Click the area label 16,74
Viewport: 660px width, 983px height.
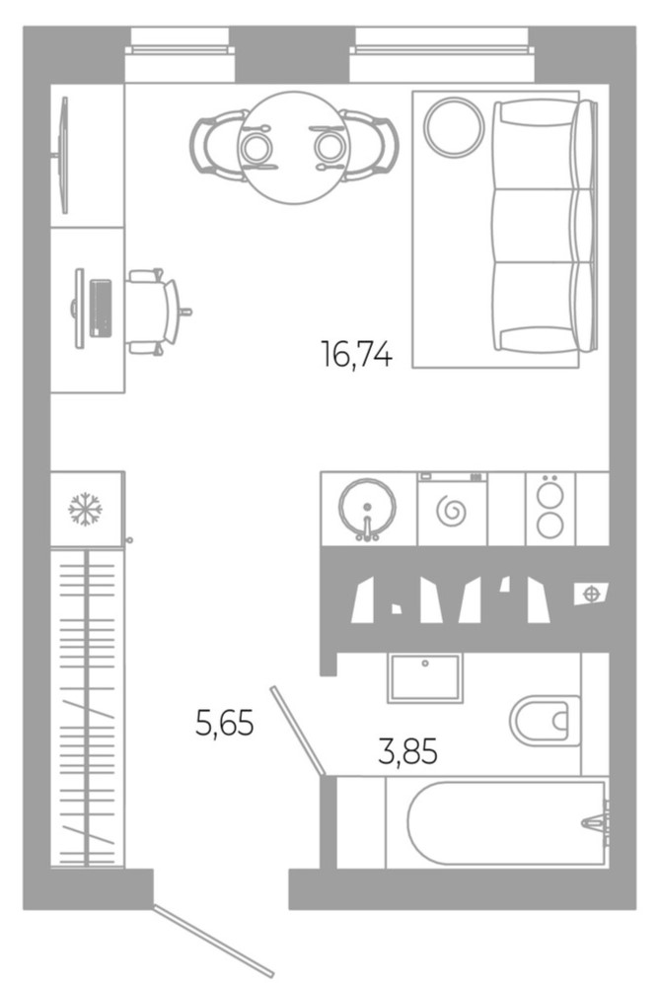pos(356,353)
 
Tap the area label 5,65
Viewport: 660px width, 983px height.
pos(225,725)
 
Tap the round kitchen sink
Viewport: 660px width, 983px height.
pos(367,509)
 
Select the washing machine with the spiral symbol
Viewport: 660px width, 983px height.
pos(454,511)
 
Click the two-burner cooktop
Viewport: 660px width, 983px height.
pos(550,508)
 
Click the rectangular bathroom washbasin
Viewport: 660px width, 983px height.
pos(425,677)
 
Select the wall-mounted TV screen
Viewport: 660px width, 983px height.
pos(64,155)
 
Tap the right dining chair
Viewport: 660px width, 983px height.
pos(370,146)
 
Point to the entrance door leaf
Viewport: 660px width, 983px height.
pos(213,940)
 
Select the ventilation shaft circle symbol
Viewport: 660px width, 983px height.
pos(590,594)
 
